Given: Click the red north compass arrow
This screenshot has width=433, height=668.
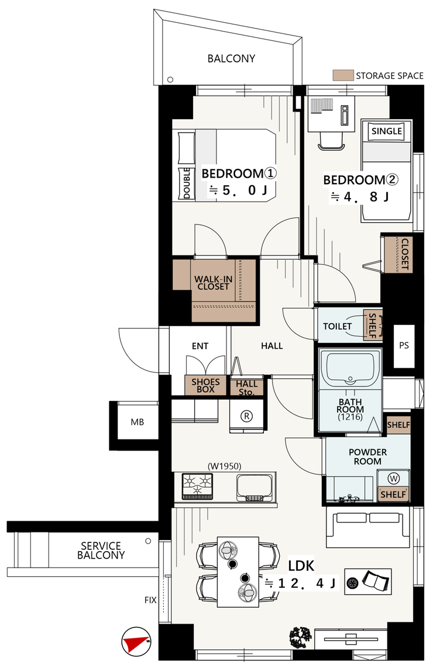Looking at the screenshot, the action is [134, 642].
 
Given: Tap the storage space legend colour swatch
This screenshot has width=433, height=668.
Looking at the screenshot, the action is [343, 75].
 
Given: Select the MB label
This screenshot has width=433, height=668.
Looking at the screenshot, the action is [138, 422].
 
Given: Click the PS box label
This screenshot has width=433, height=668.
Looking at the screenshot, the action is [404, 345].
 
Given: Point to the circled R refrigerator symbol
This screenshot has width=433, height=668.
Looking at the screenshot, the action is [246, 416].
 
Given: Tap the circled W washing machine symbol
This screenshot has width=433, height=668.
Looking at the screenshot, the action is [394, 479].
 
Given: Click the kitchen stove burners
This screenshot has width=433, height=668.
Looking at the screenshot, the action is [197, 486].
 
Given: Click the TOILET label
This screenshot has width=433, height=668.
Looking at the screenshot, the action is [337, 326].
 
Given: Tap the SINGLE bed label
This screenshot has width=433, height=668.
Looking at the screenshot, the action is [387, 131].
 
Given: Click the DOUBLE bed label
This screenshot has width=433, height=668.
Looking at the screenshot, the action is [187, 183].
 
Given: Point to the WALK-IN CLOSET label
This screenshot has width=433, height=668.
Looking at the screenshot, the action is [214, 283].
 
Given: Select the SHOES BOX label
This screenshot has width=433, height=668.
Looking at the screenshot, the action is [205, 385].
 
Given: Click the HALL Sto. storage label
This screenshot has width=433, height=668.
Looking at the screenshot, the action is [246, 387].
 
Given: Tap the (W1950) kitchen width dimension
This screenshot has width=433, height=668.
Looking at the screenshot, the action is [224, 466].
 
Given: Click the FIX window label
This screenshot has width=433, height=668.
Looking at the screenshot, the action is [150, 600].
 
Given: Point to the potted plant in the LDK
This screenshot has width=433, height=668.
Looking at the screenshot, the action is [300, 638].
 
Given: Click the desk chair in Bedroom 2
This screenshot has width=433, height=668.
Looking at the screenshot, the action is [331, 141].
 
